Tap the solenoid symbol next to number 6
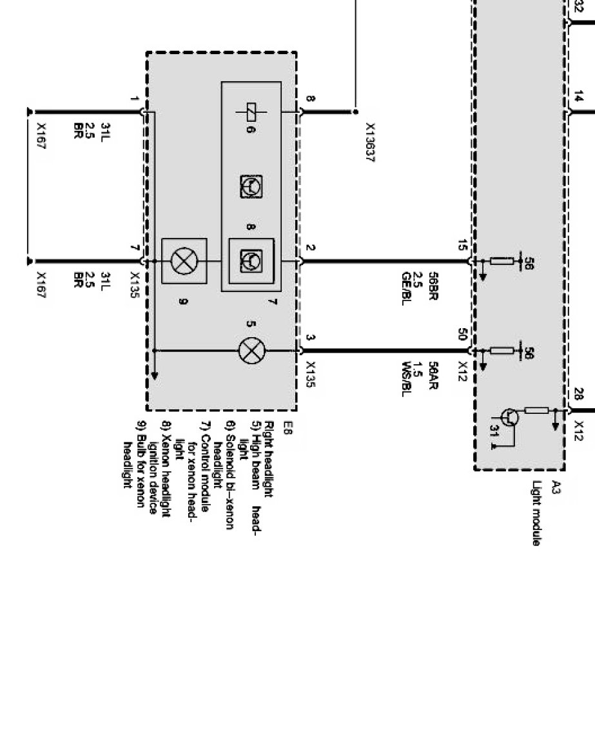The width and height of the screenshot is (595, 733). (x=252, y=112)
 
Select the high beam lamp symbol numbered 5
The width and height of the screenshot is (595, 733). (x=251, y=351)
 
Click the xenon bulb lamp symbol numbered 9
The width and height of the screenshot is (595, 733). (x=184, y=261)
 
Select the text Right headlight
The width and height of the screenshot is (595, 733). (x=270, y=459)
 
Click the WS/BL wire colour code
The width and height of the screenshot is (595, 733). (x=406, y=379)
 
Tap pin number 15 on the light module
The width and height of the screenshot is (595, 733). (x=462, y=246)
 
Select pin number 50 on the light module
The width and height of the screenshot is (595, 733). (x=462, y=335)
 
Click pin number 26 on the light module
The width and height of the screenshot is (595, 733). (x=578, y=395)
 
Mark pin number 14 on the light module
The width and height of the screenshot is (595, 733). (x=578, y=97)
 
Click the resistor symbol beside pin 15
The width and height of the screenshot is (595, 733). (x=502, y=261)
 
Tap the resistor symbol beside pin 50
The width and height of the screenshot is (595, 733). (x=502, y=351)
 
